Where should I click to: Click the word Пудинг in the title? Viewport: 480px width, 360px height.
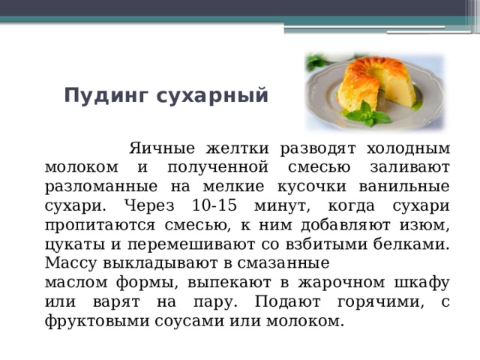106,96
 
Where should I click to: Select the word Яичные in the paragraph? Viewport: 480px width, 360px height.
162,148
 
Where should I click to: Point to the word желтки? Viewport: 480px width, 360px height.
238,148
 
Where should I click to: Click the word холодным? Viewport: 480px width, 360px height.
408,149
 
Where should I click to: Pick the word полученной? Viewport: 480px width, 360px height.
218,168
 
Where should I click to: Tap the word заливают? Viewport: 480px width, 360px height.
410,167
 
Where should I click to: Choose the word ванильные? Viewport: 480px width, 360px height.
404,187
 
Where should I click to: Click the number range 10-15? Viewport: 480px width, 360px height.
214,205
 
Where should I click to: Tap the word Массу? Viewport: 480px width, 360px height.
70,263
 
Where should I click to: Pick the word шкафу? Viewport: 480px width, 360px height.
421,282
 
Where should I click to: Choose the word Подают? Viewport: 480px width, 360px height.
288,302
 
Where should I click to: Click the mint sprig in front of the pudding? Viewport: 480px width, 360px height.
367,114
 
